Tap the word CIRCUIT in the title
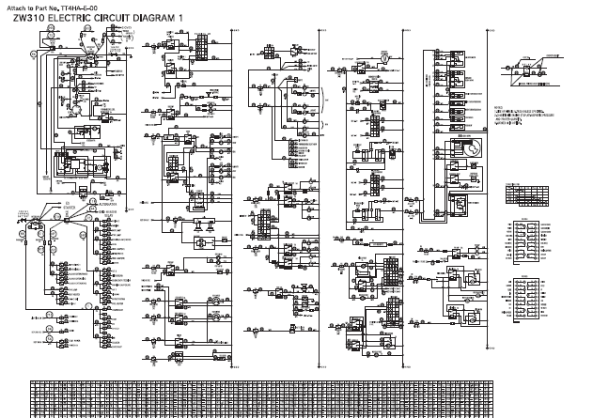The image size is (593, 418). pos(120,18)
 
